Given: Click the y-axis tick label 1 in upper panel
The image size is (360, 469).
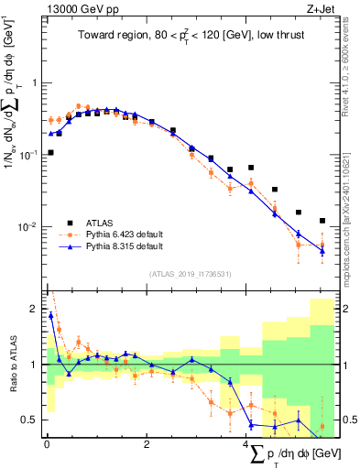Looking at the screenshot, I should [x=33, y=82].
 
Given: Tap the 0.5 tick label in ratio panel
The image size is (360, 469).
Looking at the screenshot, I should [x=27, y=420].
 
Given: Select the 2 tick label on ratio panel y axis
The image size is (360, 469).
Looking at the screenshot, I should [x=33, y=308].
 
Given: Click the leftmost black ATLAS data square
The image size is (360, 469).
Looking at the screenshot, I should [x=51, y=153].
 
